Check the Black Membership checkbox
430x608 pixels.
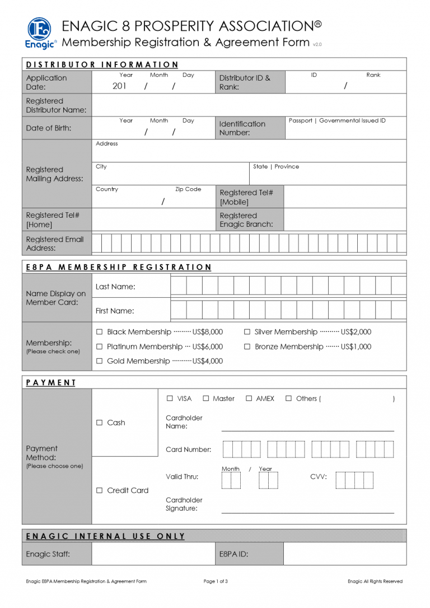point(100,332)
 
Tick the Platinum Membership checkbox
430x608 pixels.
point(100,347)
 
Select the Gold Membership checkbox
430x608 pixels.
point(100,361)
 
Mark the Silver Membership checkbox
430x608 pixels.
point(247,332)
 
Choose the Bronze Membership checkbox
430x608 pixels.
point(247,347)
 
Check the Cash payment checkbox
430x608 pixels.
point(100,423)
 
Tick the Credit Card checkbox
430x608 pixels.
point(100,490)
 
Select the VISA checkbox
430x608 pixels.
point(170,399)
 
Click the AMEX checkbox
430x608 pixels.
point(249,399)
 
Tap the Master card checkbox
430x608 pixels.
point(205,399)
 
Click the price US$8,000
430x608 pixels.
point(207,332)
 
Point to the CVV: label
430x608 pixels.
point(319,477)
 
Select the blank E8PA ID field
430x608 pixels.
point(344,554)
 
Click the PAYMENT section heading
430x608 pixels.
point(51,382)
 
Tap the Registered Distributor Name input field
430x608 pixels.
point(249,105)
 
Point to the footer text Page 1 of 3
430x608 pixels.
point(216,581)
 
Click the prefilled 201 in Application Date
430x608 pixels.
point(119,86)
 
